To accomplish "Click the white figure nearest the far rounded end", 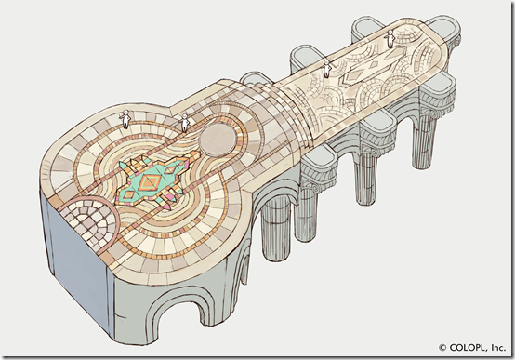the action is (x=390, y=39).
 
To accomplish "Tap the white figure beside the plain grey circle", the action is (x=185, y=123).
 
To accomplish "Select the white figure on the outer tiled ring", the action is (x=125, y=119).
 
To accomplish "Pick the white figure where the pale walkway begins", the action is (x=327, y=69).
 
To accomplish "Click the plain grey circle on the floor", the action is (x=218, y=140).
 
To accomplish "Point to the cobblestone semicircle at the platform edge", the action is (x=89, y=220).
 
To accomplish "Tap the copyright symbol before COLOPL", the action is (x=442, y=348).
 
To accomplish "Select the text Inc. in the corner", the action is (x=498, y=348).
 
